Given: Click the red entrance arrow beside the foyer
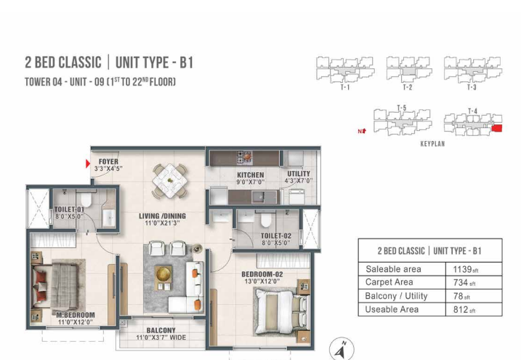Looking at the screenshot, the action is [88, 164].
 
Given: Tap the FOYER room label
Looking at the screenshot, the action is [108, 162].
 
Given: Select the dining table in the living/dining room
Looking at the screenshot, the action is [170, 180].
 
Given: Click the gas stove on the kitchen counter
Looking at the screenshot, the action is [244, 157].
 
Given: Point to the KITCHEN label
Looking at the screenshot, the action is [251, 175].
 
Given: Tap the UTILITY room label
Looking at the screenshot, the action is [299, 174].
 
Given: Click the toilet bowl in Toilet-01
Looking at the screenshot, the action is [86, 199].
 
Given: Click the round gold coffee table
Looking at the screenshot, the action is [163, 274].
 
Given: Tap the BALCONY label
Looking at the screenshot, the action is [161, 330].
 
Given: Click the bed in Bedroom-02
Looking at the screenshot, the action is [282, 311].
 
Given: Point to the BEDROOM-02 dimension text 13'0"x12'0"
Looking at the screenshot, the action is [262, 281].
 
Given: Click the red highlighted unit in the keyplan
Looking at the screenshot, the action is [497, 128].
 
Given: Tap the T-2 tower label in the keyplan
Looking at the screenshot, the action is [408, 87].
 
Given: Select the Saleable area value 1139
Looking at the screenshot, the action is [462, 269].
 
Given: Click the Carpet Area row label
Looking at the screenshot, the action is [389, 282].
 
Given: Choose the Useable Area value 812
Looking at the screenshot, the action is [461, 310].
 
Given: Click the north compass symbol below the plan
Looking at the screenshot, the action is [342, 349].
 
